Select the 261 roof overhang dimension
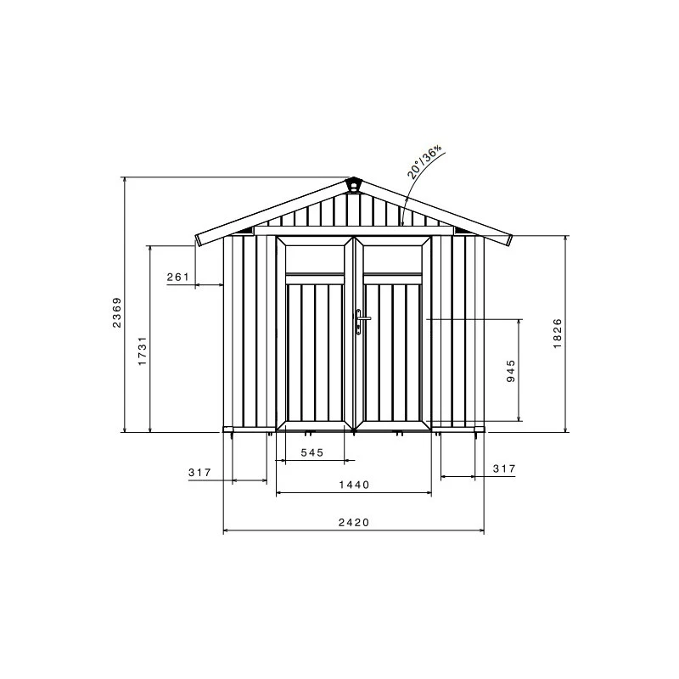click(177, 278)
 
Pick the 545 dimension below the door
click(312, 453)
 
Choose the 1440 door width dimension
click(354, 485)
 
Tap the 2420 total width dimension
click(353, 524)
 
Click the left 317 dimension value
click(199, 472)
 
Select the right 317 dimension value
click(504, 469)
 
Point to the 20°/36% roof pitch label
click(425, 160)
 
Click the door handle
click(362, 320)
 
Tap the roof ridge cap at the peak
click(354, 184)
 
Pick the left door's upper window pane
click(313, 257)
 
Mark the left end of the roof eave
click(199, 239)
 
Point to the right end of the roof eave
click(509, 239)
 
